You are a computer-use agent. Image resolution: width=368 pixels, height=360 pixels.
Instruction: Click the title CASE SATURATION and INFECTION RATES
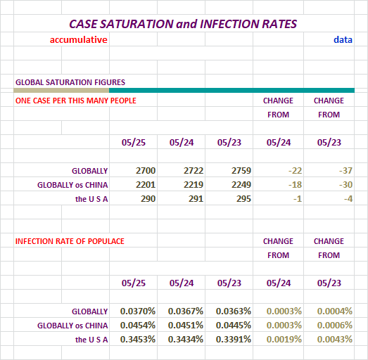pyautogui.click(x=183, y=24)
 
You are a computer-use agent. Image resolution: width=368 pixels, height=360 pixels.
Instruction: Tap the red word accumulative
pyautogui.click(x=79, y=39)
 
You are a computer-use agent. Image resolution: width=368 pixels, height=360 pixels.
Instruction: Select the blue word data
pyautogui.click(x=343, y=39)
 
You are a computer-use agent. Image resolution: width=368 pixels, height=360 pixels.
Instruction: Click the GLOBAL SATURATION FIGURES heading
pyautogui.click(x=70, y=82)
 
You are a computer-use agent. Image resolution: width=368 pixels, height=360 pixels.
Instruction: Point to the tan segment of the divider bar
pyautogui.click(x=61, y=90)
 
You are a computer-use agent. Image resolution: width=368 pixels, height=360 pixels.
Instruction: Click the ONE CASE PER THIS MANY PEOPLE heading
pyautogui.click(x=76, y=101)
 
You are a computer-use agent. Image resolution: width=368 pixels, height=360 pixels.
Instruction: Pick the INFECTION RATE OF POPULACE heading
pyautogui.click(x=70, y=241)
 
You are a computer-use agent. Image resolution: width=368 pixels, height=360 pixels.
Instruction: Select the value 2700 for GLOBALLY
pyautogui.click(x=146, y=170)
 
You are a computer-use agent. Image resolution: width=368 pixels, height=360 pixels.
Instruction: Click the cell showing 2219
pyautogui.click(x=193, y=185)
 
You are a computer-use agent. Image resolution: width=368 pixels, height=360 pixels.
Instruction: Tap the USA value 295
pyautogui.click(x=243, y=199)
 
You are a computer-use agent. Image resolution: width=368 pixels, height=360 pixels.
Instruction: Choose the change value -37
pyautogui.click(x=345, y=170)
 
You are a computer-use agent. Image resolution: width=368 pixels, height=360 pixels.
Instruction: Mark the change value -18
pyautogui.click(x=295, y=185)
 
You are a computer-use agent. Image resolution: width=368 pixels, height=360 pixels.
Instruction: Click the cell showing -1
pyautogui.click(x=298, y=199)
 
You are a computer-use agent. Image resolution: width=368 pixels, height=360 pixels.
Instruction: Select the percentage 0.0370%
pyautogui.click(x=138, y=311)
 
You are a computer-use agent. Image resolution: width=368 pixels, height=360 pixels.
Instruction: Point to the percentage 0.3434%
pyautogui.click(x=186, y=340)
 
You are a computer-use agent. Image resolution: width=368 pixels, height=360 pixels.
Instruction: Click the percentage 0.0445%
pyautogui.click(x=234, y=326)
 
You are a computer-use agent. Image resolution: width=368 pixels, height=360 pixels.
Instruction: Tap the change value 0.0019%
pyautogui.click(x=284, y=340)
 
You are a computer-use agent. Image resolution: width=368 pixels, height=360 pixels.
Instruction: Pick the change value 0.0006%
pyautogui.click(x=335, y=326)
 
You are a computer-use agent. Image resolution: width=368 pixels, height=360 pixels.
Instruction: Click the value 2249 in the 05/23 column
pyautogui.click(x=241, y=185)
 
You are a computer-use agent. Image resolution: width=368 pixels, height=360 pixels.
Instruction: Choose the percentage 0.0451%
pyautogui.click(x=186, y=326)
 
